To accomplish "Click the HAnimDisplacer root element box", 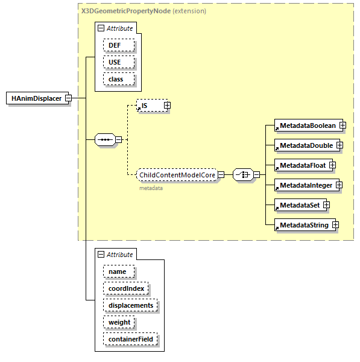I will [x=37, y=98].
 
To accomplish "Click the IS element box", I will [x=149, y=106].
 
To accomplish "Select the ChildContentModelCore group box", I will [x=176, y=175].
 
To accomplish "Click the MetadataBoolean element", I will [x=305, y=125].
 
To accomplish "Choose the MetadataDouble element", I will [x=303, y=145].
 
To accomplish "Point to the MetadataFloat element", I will [x=300, y=165].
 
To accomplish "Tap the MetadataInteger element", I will [x=303, y=185].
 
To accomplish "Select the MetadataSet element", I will [x=297, y=205].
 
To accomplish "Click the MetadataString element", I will [x=302, y=225].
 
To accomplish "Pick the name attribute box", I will [x=118, y=271].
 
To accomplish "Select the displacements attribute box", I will [x=130, y=305].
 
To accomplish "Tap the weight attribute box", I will [x=119, y=322].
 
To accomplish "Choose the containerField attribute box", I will [x=130, y=339].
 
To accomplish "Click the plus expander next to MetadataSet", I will [x=326, y=205].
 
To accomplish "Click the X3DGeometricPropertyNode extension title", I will [x=144, y=11].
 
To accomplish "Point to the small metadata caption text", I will [x=151, y=188].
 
